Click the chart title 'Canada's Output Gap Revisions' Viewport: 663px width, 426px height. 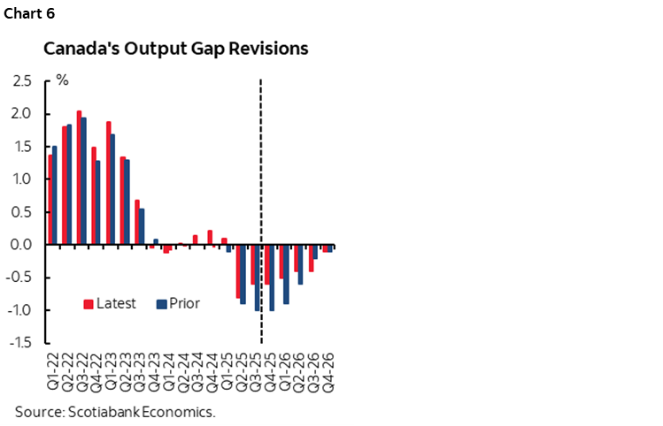(x=176, y=49)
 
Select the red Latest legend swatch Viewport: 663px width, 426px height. (x=89, y=304)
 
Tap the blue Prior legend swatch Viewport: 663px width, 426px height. (x=161, y=304)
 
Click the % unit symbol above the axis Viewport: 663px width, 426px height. (x=62, y=80)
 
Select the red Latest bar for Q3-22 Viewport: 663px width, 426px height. (x=79, y=178)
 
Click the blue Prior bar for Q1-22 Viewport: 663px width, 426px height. (x=55, y=195)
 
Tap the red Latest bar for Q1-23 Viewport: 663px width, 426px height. (x=108, y=183)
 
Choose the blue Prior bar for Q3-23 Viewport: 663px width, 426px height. (x=142, y=226)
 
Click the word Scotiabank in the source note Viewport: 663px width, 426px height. (x=97, y=412)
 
